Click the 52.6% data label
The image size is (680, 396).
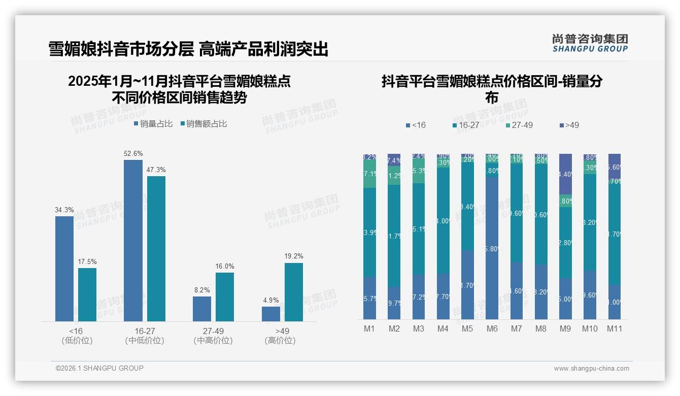[x=133, y=153]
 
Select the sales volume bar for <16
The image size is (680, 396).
[x=64, y=269]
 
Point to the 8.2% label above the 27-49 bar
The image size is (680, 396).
[x=202, y=290]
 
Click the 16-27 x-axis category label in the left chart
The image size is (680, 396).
[x=144, y=331]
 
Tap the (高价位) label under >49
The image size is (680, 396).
[x=280, y=341]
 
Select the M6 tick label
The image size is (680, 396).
[x=492, y=329]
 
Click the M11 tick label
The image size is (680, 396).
[x=615, y=329]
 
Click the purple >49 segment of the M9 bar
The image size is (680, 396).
[x=565, y=174]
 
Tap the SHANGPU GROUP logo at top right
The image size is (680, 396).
[x=590, y=43]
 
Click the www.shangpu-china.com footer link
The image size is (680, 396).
[x=591, y=369]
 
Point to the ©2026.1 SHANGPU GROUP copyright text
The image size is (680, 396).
[x=99, y=368]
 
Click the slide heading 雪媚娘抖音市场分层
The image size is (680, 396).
[x=121, y=49]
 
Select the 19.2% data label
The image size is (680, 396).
[x=294, y=256]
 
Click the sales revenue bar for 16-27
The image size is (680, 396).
[x=156, y=248]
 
